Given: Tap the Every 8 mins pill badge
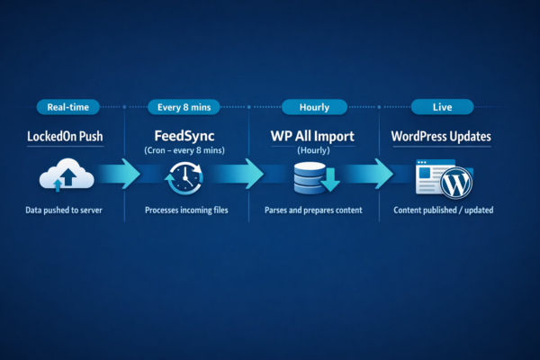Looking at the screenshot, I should tap(184, 107).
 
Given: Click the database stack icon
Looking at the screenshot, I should tap(310, 177).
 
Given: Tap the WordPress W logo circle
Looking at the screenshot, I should tap(456, 182).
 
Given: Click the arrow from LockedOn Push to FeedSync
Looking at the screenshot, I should tap(122, 174).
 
